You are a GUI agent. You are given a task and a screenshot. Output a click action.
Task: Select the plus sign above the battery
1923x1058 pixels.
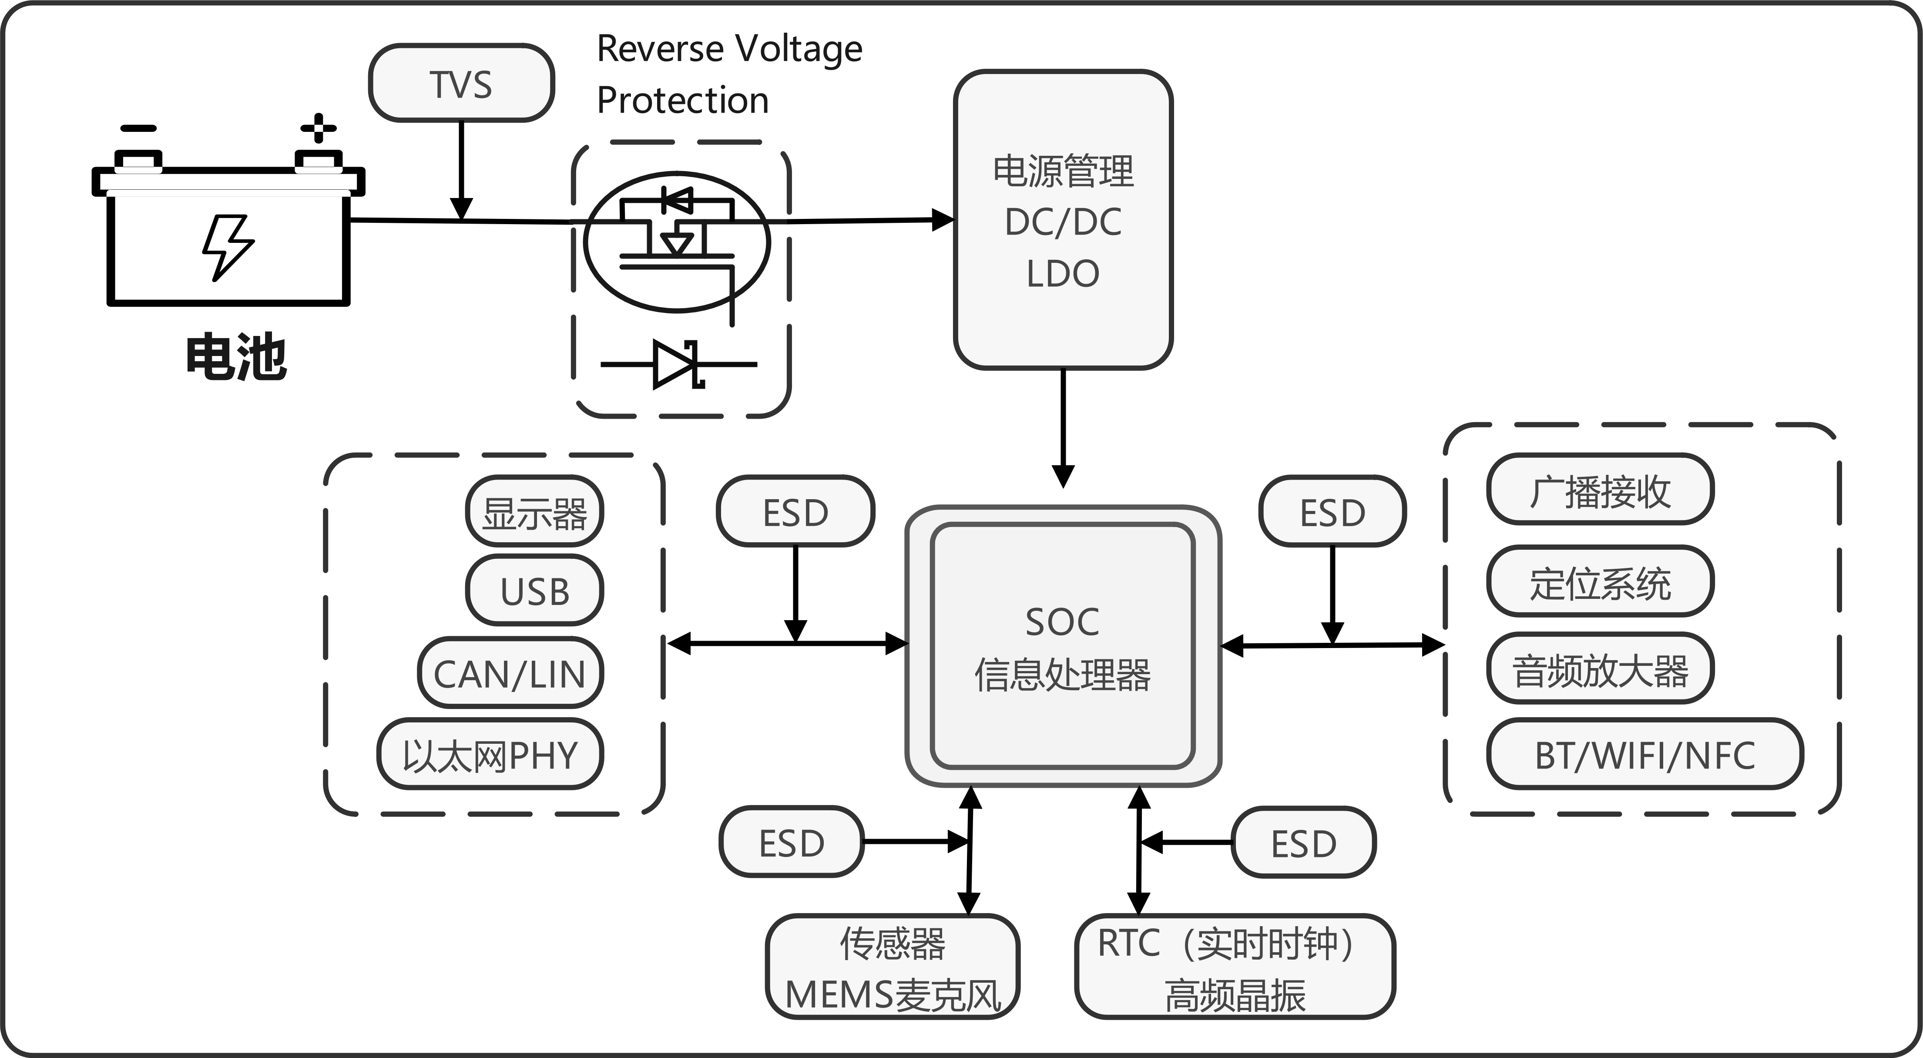pyautogui.click(x=319, y=128)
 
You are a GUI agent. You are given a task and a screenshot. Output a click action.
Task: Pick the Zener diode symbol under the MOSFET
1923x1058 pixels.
pyautogui.click(x=678, y=364)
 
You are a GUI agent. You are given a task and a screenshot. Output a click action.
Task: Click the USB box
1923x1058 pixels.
pyautogui.click(x=534, y=591)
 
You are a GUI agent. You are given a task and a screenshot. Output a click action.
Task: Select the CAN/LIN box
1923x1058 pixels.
pyautogui.click(x=510, y=673)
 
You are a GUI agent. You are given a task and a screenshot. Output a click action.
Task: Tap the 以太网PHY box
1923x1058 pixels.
pyautogui.click(x=490, y=754)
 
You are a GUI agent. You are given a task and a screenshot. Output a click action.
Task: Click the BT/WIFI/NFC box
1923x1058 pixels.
pyautogui.click(x=1644, y=754)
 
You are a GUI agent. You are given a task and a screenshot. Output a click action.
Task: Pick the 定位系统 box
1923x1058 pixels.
pyautogui.click(x=1600, y=581)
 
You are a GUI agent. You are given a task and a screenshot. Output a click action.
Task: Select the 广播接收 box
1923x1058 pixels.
pyautogui.click(x=1600, y=490)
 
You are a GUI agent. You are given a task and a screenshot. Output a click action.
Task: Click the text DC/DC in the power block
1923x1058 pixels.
pyautogui.click(x=1063, y=222)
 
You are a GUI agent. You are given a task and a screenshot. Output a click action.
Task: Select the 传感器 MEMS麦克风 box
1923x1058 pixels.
pyautogui.click(x=893, y=967)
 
